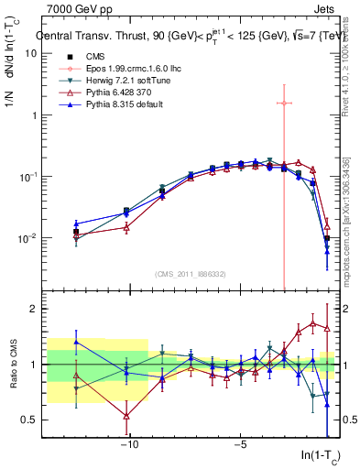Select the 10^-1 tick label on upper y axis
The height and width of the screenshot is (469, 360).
(x=28, y=177)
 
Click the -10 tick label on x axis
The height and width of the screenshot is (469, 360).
(x=129, y=445)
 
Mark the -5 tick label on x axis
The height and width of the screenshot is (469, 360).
(x=239, y=445)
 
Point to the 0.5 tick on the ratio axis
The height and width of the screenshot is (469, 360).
(x=28, y=420)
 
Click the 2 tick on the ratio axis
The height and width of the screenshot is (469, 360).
(x=33, y=309)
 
